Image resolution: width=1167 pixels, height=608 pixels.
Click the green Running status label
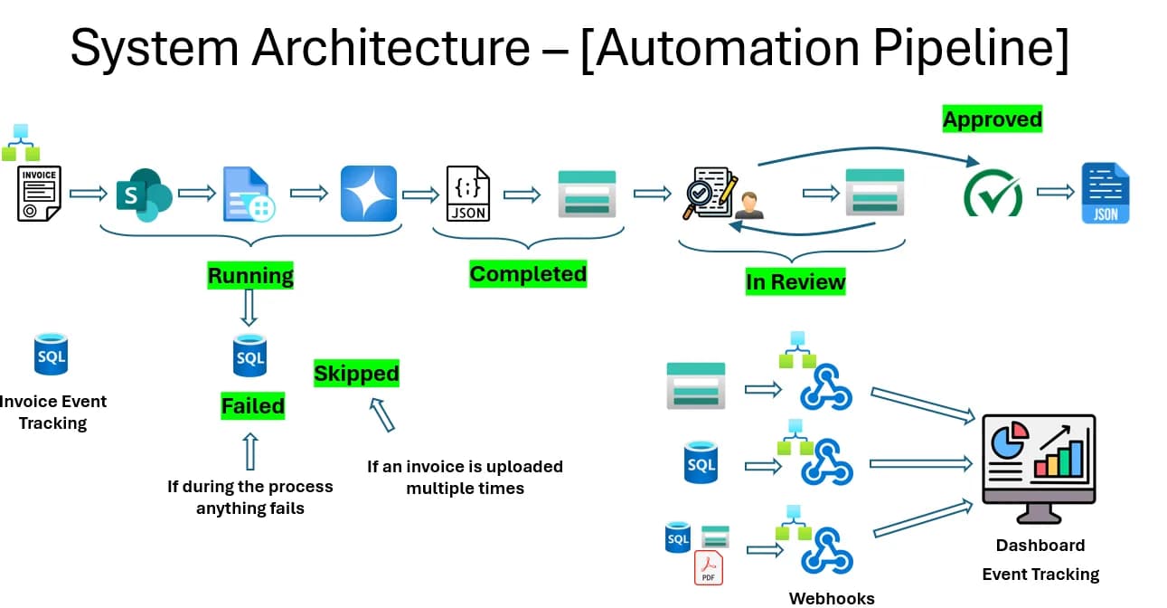250,275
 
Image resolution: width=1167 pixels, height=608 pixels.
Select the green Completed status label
528,274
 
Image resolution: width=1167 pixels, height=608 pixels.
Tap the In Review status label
795,281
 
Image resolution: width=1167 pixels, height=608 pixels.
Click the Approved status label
993,119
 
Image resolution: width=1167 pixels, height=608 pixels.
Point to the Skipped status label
356,374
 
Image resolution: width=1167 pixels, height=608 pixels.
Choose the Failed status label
253,406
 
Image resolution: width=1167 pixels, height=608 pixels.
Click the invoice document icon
38,195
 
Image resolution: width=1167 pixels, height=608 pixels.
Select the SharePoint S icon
144,195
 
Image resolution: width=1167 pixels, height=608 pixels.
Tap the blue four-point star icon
369,194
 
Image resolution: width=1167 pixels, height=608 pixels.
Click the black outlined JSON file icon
468,194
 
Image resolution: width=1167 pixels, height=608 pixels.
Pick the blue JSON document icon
1106,193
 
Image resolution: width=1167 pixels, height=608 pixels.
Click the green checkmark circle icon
993,194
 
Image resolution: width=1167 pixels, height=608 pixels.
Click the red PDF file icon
709,567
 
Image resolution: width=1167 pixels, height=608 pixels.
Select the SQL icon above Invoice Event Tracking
51,355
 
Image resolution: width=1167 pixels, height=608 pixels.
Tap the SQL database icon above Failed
249,356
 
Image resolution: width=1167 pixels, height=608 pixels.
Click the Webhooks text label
832,598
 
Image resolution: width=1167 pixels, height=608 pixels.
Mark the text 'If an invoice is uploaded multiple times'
465,478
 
